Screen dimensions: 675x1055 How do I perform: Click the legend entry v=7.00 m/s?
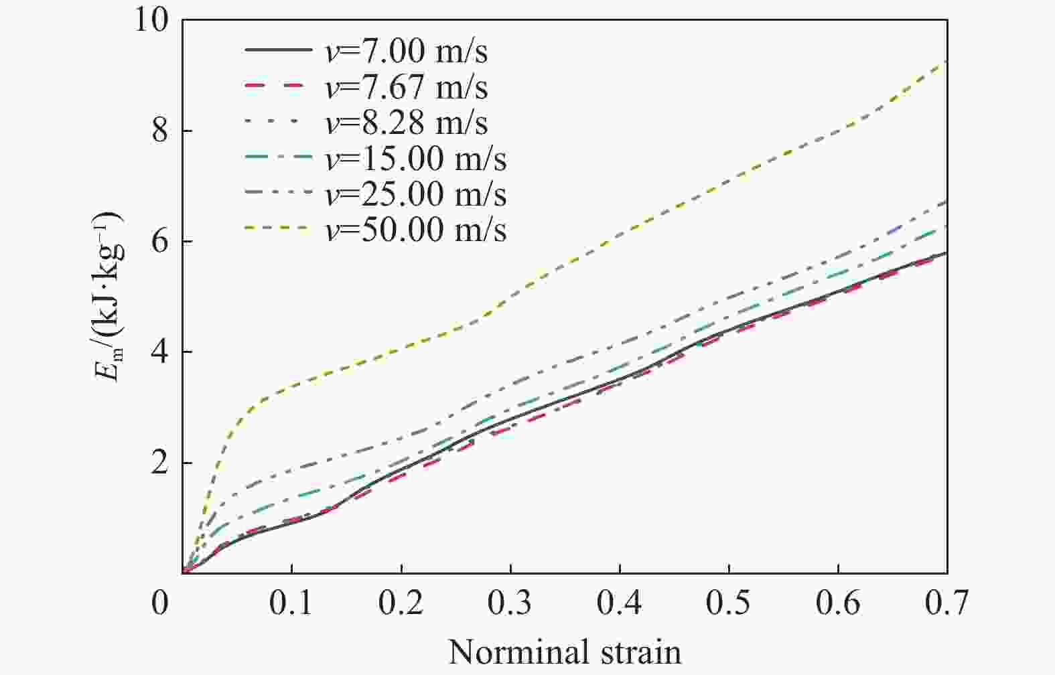click(x=407, y=52)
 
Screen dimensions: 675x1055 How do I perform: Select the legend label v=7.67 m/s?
click(x=407, y=87)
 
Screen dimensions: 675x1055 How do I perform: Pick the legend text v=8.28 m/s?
click(x=407, y=123)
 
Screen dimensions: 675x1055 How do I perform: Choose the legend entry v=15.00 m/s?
click(x=416, y=159)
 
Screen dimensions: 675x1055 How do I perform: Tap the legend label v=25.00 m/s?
click(x=416, y=194)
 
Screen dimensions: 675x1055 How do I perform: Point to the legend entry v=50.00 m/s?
click(x=416, y=230)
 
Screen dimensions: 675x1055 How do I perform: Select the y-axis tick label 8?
click(x=159, y=131)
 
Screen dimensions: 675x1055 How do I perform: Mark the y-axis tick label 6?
click(x=159, y=242)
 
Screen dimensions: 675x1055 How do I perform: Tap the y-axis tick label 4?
click(x=159, y=352)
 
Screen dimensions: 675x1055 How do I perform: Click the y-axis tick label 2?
click(x=159, y=463)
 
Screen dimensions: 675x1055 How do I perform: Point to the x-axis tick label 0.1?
click(x=291, y=603)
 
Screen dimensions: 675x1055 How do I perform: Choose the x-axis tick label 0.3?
click(x=510, y=603)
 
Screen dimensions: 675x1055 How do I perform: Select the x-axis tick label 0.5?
click(x=729, y=603)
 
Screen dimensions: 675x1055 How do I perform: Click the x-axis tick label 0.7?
click(x=947, y=603)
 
